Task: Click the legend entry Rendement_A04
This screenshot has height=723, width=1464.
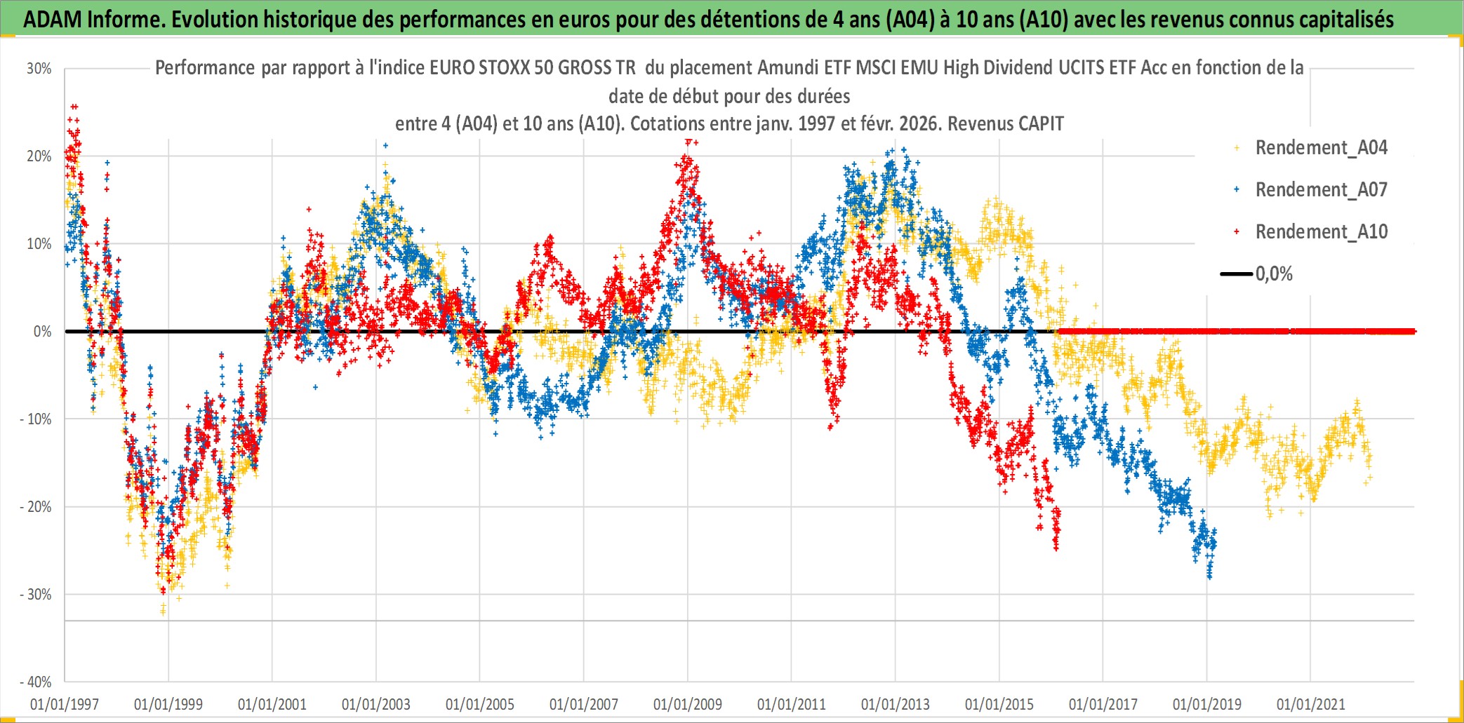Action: [1320, 148]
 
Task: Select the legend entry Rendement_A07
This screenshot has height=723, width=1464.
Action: [1320, 190]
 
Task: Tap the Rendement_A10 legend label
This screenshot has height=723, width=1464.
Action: [1320, 232]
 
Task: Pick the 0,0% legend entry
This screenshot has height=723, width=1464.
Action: [1273, 274]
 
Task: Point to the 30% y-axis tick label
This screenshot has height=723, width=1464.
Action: [39, 69]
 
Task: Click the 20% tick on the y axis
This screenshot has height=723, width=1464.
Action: [39, 156]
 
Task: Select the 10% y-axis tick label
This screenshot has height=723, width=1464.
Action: [39, 244]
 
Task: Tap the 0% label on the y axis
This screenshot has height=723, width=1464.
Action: [43, 332]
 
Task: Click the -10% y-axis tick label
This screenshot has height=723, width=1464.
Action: [36, 419]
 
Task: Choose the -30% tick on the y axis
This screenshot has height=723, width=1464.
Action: [36, 595]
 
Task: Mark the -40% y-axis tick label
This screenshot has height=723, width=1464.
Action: [36, 682]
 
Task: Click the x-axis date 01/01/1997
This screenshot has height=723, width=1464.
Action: [65, 704]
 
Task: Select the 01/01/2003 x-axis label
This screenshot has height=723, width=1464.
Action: [376, 704]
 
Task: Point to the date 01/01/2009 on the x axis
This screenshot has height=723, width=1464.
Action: [688, 704]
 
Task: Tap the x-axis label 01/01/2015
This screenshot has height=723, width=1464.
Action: [999, 704]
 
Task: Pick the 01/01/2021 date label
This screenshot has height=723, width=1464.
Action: [1311, 704]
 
